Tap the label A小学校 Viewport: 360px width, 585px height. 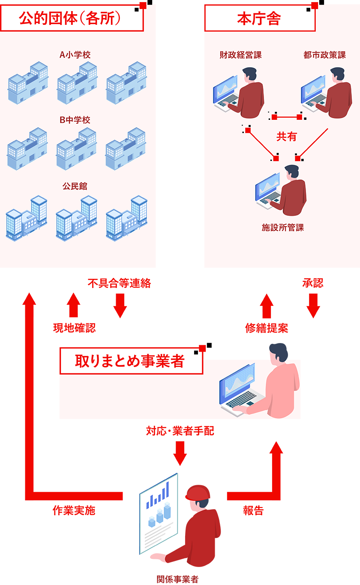[75, 55]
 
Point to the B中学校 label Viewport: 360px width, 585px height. [75, 120]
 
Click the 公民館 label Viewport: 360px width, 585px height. [75, 186]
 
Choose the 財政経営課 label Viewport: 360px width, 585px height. [240, 55]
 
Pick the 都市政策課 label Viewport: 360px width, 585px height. [324, 55]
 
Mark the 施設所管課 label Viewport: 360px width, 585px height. [283, 228]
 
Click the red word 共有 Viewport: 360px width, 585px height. [287, 137]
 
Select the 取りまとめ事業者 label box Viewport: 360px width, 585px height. [131, 361]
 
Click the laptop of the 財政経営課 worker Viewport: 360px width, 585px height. [226, 94]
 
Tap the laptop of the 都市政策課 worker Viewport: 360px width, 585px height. [313, 94]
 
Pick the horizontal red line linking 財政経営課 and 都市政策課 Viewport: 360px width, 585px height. [287, 116]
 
